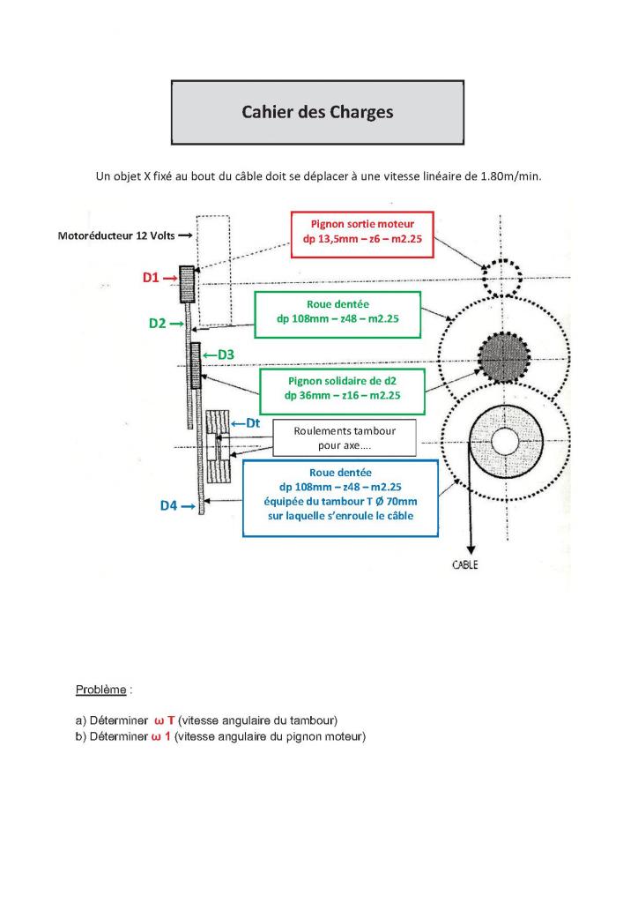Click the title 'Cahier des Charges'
[x=317, y=113]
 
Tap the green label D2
[x=158, y=324]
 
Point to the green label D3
[x=224, y=354]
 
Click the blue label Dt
[x=250, y=423]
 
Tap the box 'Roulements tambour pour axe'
[x=344, y=437]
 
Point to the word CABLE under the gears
[x=464, y=564]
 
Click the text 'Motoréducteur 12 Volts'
[x=116, y=236]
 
